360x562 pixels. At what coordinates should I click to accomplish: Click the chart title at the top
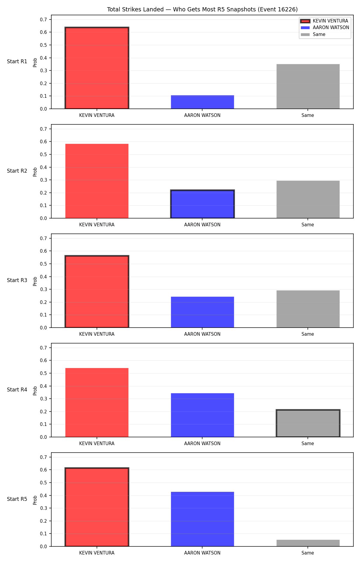202,10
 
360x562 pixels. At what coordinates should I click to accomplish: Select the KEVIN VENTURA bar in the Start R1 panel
97,68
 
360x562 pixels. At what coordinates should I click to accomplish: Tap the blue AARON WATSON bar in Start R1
202,102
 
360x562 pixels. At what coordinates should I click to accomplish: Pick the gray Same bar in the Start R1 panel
308,86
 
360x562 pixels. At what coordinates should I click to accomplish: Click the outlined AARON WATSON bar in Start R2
202,204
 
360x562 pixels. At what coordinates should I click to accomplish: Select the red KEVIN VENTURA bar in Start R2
97,181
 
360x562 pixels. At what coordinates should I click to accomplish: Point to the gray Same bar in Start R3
308,309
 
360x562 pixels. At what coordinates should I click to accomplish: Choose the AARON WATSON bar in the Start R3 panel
202,312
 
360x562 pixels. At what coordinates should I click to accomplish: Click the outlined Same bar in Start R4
308,423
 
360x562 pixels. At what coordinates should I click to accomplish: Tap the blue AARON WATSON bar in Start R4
202,415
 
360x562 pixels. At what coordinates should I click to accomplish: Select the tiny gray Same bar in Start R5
308,543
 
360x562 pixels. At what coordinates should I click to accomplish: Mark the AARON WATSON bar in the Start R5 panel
202,519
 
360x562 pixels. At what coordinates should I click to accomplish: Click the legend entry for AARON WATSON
325,28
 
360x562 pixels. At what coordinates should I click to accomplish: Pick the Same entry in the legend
313,34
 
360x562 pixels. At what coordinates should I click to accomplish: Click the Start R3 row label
17,280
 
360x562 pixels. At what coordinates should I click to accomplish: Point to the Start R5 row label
17,499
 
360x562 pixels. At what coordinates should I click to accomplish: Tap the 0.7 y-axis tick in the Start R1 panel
43,19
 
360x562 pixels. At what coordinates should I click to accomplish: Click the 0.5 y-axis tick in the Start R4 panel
43,373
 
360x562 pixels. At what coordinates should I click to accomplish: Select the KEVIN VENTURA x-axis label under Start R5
97,553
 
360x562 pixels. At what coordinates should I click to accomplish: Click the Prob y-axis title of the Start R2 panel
35,172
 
